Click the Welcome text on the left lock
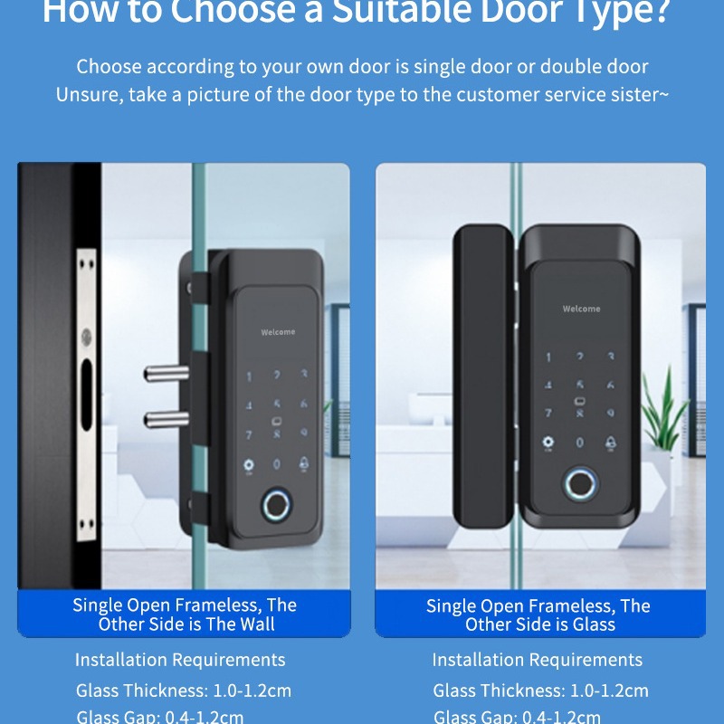[278, 332]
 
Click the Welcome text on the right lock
[581, 310]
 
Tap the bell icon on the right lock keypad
[611, 443]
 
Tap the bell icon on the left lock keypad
[304, 463]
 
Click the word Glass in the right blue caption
[594, 624]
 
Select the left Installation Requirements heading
[180, 660]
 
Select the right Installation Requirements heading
[538, 660]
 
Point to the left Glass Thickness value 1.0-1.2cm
[252, 691]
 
